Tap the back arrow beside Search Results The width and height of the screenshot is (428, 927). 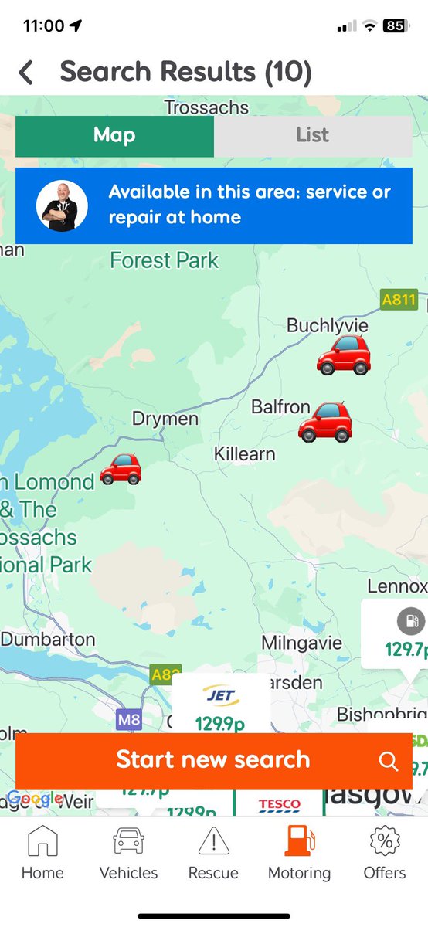(26, 73)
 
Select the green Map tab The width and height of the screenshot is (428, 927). (114, 135)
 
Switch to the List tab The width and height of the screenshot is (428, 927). (312, 135)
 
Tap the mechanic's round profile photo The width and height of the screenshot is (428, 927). (62, 206)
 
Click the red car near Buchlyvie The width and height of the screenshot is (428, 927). (344, 355)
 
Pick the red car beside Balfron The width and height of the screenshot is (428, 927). (325, 422)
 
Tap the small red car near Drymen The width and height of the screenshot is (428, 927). (121, 469)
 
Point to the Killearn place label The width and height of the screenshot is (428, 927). (244, 453)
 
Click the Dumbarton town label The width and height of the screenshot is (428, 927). (48, 640)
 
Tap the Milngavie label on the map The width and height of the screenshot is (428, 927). (301, 643)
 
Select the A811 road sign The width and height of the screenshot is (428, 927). (399, 299)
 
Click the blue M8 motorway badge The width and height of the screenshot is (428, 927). (129, 720)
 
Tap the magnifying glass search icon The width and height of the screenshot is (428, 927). (388, 760)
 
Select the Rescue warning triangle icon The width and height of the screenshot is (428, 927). (213, 842)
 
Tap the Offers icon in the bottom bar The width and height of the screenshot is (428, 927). (384, 842)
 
